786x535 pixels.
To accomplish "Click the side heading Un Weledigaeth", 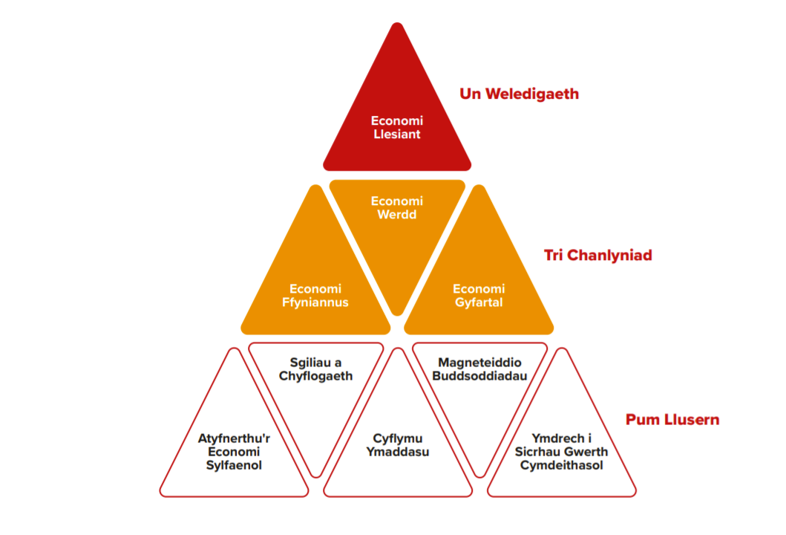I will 519,94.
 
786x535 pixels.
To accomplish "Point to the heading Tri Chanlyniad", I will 597,256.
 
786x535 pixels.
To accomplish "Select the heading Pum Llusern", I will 672,420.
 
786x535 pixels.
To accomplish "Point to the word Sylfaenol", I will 234,466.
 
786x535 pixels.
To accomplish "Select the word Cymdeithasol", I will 561,466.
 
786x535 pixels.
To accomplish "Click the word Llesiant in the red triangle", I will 397,134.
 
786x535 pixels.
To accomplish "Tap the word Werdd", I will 397,215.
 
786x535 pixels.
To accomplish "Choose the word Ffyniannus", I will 315,302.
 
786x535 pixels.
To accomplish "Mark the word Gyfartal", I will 479,302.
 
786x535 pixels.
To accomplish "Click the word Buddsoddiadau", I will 479,376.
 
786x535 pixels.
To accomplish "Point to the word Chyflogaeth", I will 315,376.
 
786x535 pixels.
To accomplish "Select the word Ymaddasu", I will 398,452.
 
